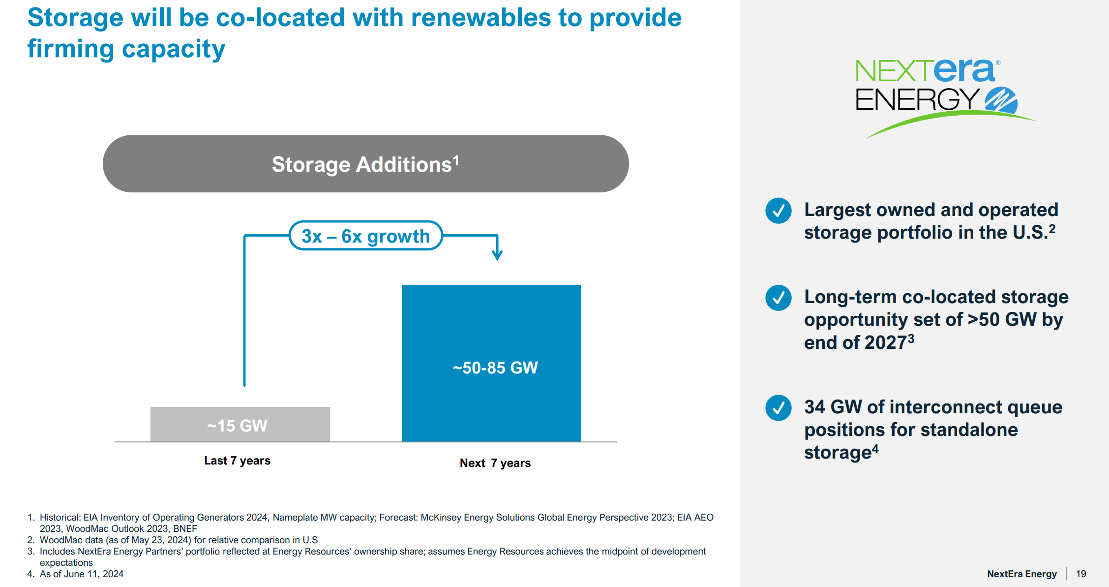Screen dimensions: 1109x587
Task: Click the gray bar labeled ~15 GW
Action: coord(240,424)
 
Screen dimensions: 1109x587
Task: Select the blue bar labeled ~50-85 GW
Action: coord(491,363)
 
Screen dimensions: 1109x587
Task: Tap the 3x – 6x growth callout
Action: coord(366,236)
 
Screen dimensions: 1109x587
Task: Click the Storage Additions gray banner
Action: coord(366,164)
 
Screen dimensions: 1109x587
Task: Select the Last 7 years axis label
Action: coord(238,461)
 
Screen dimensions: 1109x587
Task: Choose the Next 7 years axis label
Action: coord(495,463)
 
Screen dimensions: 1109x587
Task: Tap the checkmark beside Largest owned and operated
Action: coord(779,211)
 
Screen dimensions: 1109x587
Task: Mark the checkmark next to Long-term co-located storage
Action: coord(779,298)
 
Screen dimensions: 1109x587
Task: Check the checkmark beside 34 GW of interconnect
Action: coord(779,408)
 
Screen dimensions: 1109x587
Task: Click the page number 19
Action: coord(1081,574)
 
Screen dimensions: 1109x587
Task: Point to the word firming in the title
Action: coord(71,49)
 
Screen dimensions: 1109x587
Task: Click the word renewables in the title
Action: coord(481,18)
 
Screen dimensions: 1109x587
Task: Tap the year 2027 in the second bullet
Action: coord(885,342)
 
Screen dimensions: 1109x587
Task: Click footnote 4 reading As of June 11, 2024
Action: coord(76,574)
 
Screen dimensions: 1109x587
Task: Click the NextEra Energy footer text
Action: coord(1022,574)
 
